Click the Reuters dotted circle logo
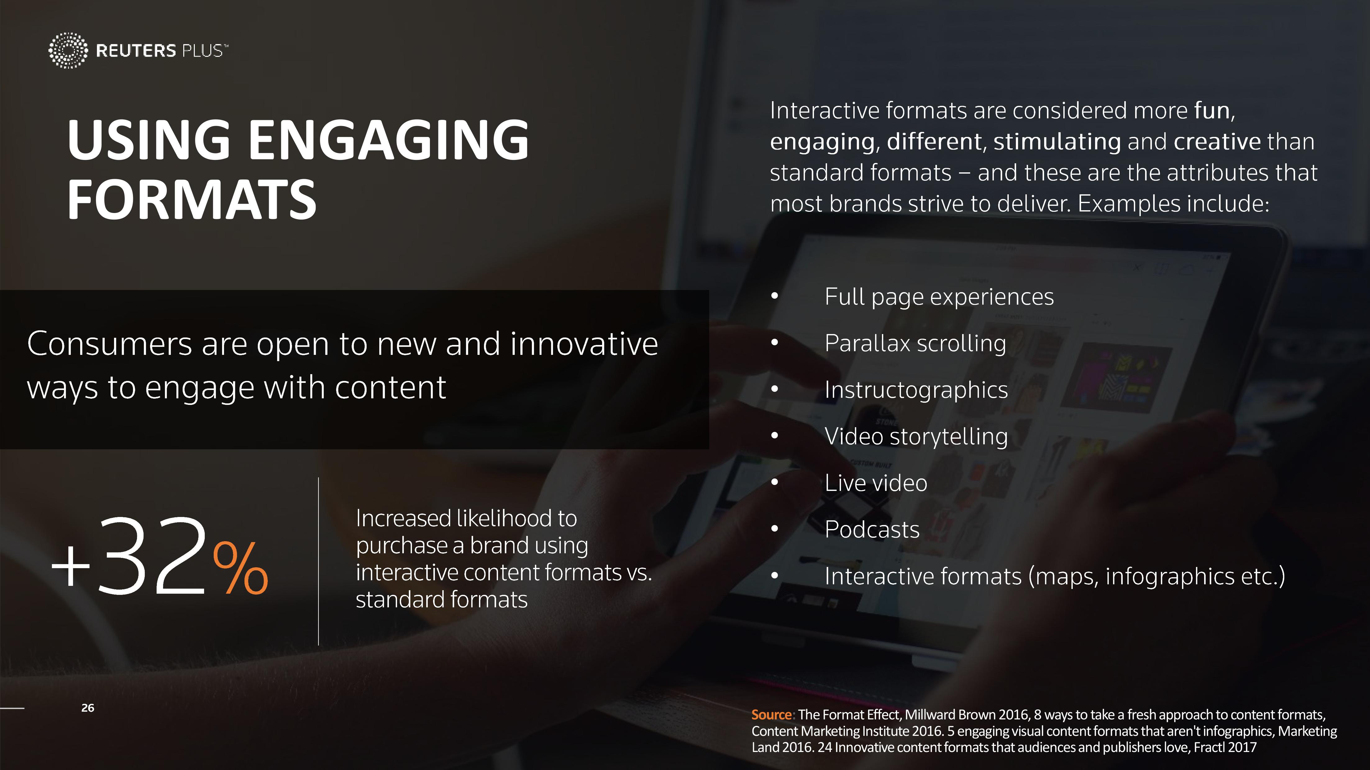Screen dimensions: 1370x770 click(67, 51)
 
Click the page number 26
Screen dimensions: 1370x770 click(88, 708)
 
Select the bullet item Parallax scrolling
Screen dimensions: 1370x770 click(915, 343)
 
